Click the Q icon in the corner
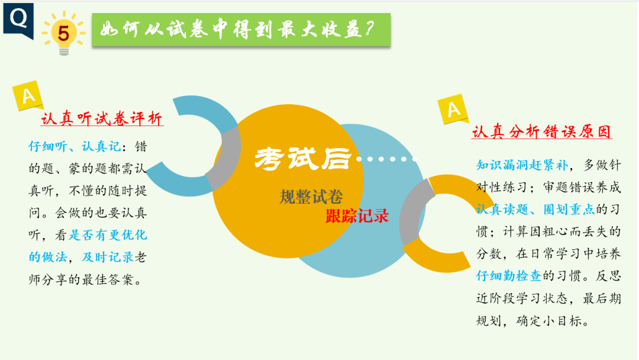[18, 19]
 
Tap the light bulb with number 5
[63, 33]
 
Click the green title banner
[241, 30]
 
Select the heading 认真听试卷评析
[102, 118]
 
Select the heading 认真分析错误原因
[541, 131]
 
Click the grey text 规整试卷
[311, 197]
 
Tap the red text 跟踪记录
[357, 216]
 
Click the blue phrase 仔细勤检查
[509, 275]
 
